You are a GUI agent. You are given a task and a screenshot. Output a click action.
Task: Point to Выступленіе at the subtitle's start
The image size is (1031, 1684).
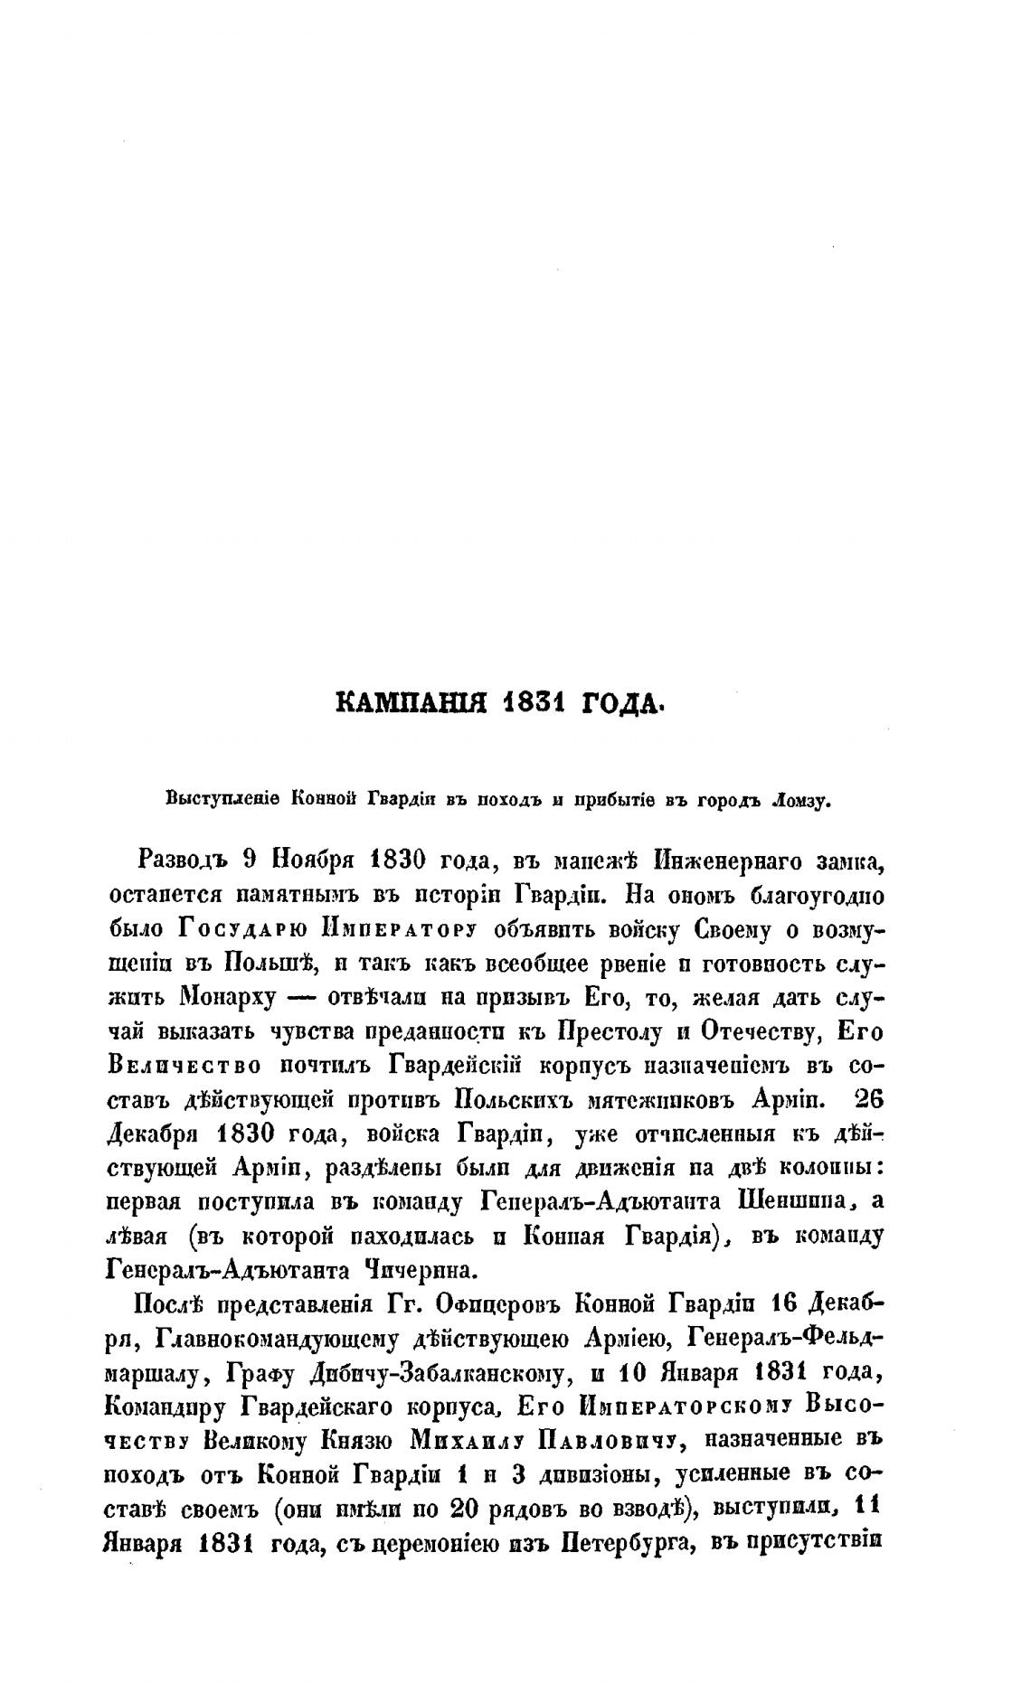click(x=213, y=799)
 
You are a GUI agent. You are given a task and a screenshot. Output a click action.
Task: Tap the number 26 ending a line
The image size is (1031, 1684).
click(x=866, y=1100)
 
